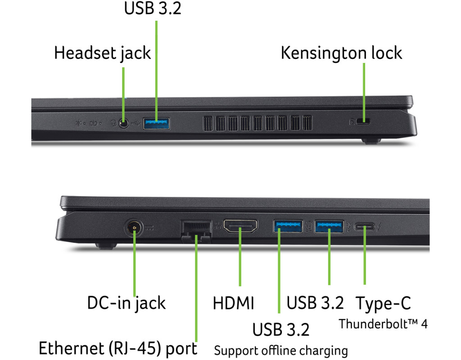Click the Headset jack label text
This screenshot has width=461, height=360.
(x=102, y=53)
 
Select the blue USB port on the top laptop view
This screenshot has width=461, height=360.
(x=157, y=122)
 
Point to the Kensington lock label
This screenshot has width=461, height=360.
(x=341, y=53)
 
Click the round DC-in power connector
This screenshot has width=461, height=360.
(x=134, y=228)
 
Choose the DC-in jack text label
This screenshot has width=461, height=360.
(x=126, y=303)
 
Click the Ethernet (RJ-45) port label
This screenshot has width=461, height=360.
(x=118, y=348)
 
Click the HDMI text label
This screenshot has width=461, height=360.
(x=233, y=303)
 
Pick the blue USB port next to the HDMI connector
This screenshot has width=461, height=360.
(x=287, y=226)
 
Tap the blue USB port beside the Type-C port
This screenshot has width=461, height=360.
(x=329, y=226)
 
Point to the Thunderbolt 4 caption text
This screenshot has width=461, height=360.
(x=383, y=324)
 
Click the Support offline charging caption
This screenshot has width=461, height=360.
(x=281, y=350)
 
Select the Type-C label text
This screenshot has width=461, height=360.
(x=383, y=303)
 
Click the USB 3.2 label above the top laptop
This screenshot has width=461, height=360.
(x=153, y=8)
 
